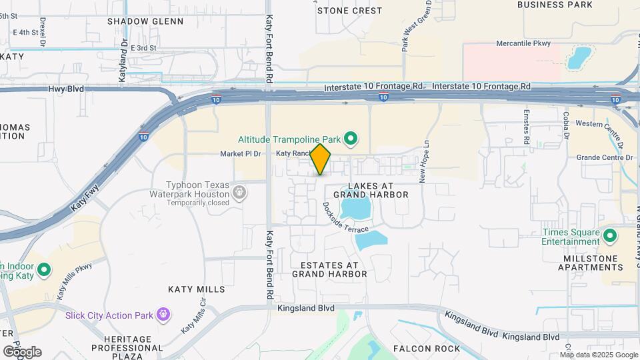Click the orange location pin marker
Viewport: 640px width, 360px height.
point(321,159)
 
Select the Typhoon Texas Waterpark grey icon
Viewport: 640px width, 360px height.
point(240,193)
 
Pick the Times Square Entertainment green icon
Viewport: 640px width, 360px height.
point(609,235)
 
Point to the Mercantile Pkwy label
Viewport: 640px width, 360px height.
point(524,43)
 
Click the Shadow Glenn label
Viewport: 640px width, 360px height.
point(145,21)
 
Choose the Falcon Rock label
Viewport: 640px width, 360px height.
point(427,349)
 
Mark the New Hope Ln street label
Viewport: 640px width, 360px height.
point(423,166)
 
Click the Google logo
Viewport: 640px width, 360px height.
point(22,351)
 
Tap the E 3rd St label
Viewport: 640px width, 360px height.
point(143,48)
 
